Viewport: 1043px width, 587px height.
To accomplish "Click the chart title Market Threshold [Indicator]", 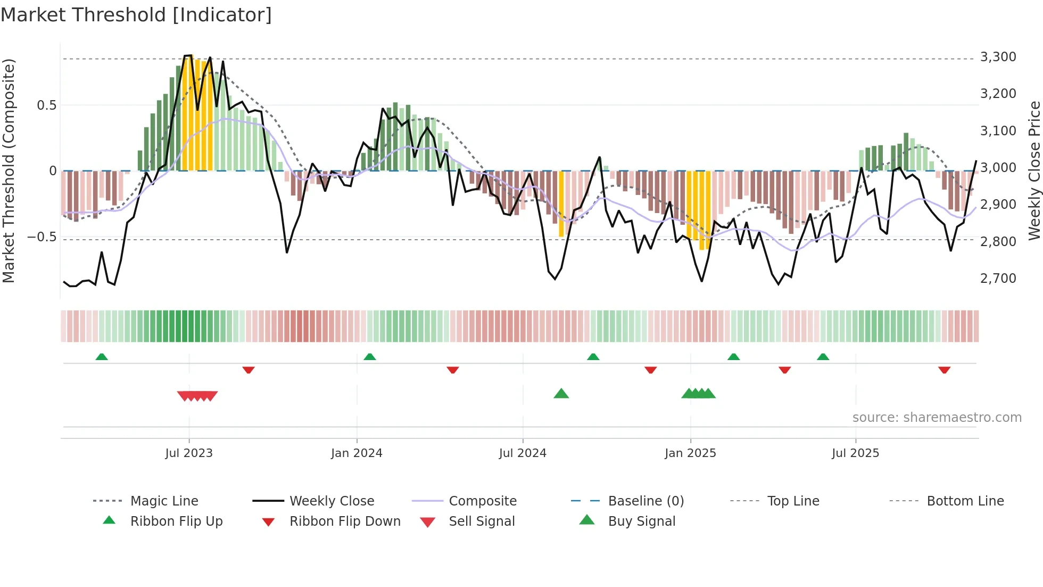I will [x=136, y=15].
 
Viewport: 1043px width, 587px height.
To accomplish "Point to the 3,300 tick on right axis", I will [x=998, y=57].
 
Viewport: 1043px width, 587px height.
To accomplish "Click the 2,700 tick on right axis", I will [x=998, y=278].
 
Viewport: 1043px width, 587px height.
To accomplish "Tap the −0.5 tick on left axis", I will [x=42, y=237].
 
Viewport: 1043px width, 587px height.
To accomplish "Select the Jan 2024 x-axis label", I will [x=357, y=453].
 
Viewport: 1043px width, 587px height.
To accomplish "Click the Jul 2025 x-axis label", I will [x=855, y=453].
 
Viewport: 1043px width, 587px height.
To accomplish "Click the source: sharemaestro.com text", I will [x=937, y=417].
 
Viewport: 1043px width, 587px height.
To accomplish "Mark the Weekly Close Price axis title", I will [x=1034, y=170].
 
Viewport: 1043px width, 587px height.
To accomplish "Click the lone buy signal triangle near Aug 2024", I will [x=561, y=394].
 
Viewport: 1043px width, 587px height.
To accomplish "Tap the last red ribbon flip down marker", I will [x=944, y=370].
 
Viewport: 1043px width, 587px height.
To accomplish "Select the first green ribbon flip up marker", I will [x=102, y=356].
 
